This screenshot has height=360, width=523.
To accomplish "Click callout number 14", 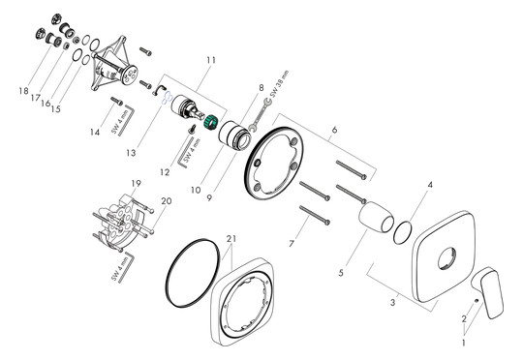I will click(93, 132).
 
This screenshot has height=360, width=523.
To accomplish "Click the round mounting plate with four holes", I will click(281, 164).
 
